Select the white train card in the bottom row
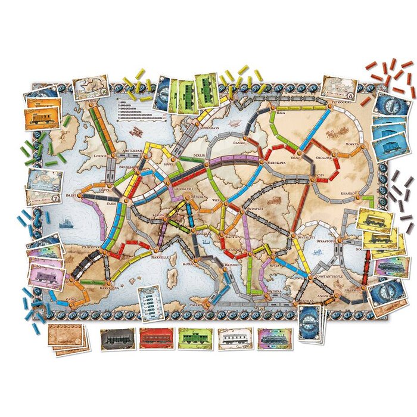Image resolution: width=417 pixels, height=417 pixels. point(235,339)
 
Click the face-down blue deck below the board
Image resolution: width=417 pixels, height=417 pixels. point(310,322)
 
